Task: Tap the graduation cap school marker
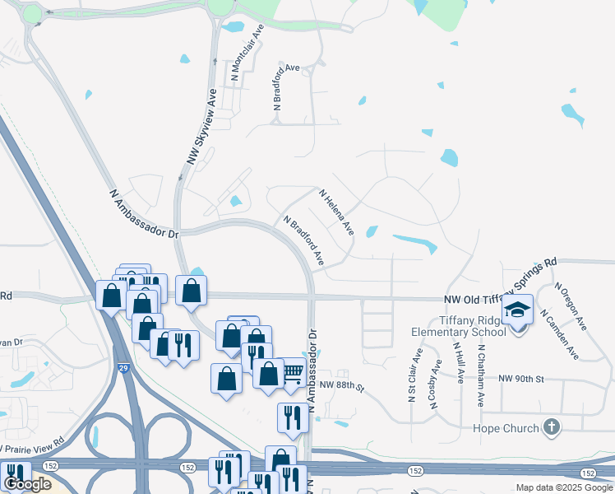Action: [518, 310]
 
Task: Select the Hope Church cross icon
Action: [552, 427]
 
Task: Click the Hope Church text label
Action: [506, 428]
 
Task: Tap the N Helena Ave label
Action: [336, 212]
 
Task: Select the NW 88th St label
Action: [341, 385]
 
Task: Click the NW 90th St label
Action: [521, 378]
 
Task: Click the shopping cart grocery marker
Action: [294, 373]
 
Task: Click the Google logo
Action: [27, 484]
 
